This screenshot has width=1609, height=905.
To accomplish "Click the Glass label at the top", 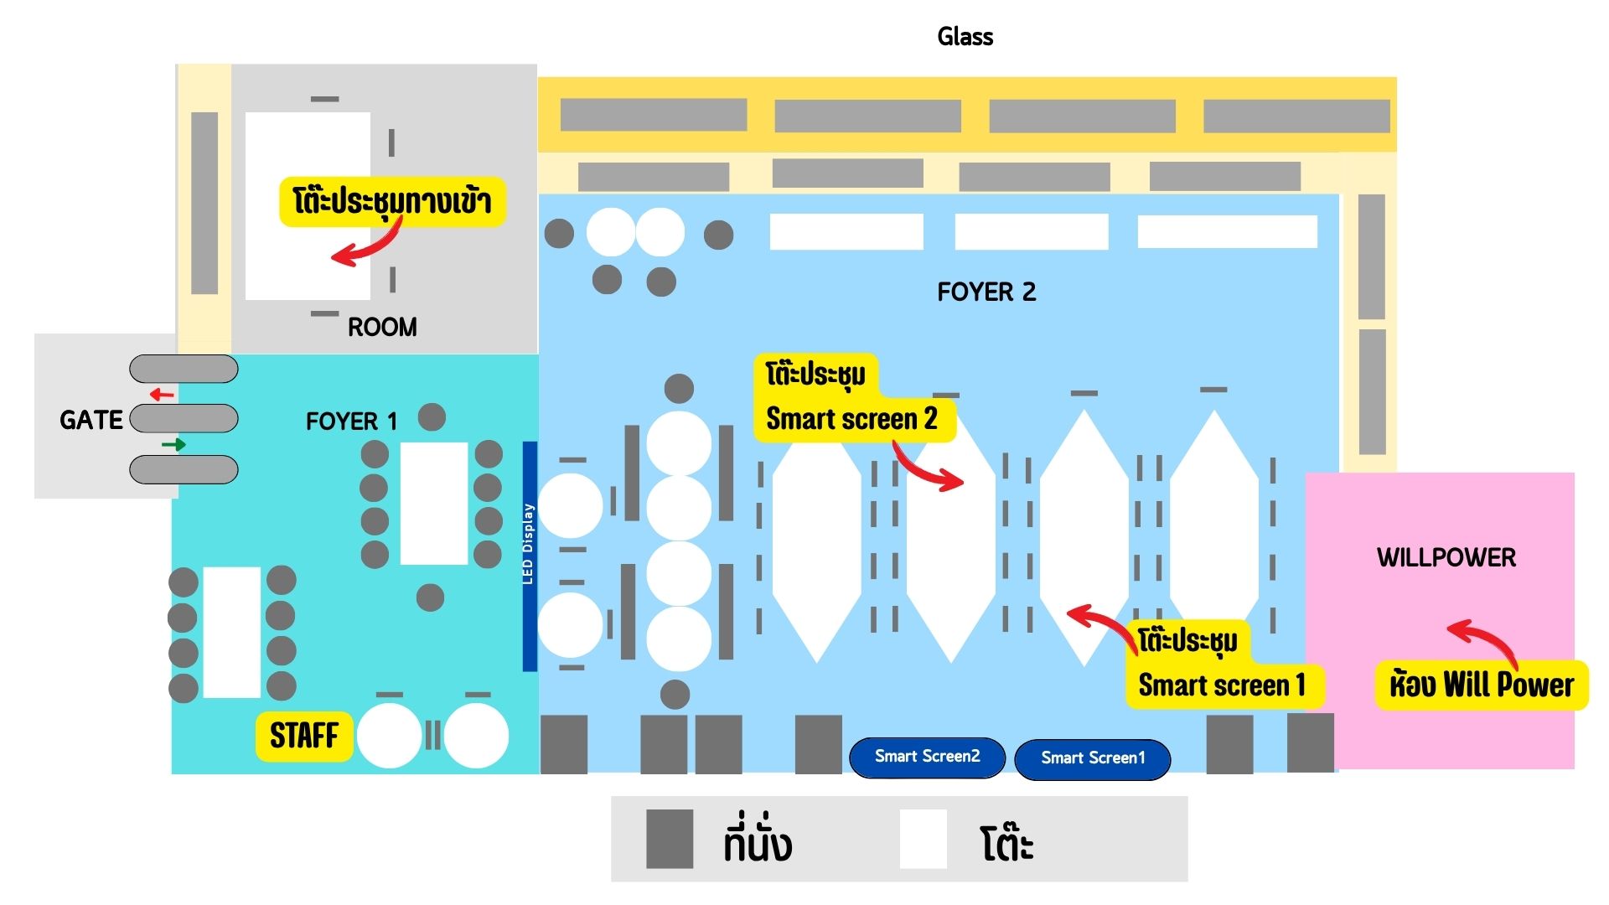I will [x=965, y=36].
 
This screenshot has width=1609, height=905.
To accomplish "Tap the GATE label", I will [x=91, y=419].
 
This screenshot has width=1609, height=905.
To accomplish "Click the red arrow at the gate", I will [x=162, y=394].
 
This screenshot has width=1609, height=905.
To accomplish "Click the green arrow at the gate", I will [x=173, y=444].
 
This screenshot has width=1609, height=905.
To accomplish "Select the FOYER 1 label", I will [x=351, y=421].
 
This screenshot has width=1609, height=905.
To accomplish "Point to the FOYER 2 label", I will [x=986, y=292].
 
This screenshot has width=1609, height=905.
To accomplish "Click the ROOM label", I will [x=382, y=327].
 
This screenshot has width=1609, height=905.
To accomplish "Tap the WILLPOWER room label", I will [x=1446, y=557].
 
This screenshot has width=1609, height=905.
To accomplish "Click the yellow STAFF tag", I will [x=303, y=736].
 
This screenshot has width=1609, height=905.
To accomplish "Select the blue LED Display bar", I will [x=530, y=556].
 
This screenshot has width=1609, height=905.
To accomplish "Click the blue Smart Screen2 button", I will [x=927, y=757].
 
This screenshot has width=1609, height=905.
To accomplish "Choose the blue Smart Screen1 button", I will [x=1092, y=758].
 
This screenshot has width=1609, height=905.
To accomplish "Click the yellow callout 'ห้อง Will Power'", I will [x=1481, y=685].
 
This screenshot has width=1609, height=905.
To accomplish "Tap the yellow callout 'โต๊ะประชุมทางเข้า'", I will [x=392, y=201].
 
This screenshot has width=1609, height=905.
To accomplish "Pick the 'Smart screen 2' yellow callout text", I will [x=851, y=418].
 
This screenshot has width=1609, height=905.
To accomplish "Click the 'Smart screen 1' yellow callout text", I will [x=1222, y=685].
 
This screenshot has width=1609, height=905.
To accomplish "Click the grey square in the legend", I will [x=670, y=839].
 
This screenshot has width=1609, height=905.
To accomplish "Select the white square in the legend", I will [x=923, y=839].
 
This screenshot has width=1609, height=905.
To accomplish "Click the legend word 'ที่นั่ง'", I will [x=758, y=840].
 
